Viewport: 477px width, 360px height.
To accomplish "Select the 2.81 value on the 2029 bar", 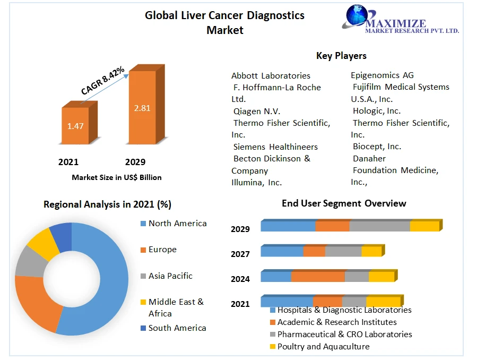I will click(x=142, y=108).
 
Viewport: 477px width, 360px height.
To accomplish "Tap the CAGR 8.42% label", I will click(x=103, y=81).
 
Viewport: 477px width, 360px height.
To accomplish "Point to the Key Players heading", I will click(x=341, y=56).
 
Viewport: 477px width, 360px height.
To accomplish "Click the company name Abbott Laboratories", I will click(x=271, y=75).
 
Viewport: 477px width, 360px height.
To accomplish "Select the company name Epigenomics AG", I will click(x=382, y=75).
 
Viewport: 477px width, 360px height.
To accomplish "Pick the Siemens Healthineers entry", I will click(x=275, y=147).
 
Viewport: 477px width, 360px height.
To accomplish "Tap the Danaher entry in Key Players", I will click(x=369, y=158).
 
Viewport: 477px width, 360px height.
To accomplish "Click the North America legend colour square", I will click(x=143, y=224).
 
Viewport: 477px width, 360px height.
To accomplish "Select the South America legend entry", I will click(x=177, y=328).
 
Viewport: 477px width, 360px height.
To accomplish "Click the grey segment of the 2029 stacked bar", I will click(x=379, y=226).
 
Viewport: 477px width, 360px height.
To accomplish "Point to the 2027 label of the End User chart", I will click(x=240, y=254).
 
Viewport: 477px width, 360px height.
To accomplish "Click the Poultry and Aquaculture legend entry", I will click(x=323, y=346).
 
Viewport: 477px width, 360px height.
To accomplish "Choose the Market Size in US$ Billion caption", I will click(x=117, y=177).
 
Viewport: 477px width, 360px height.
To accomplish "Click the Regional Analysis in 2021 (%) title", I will click(x=107, y=204).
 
